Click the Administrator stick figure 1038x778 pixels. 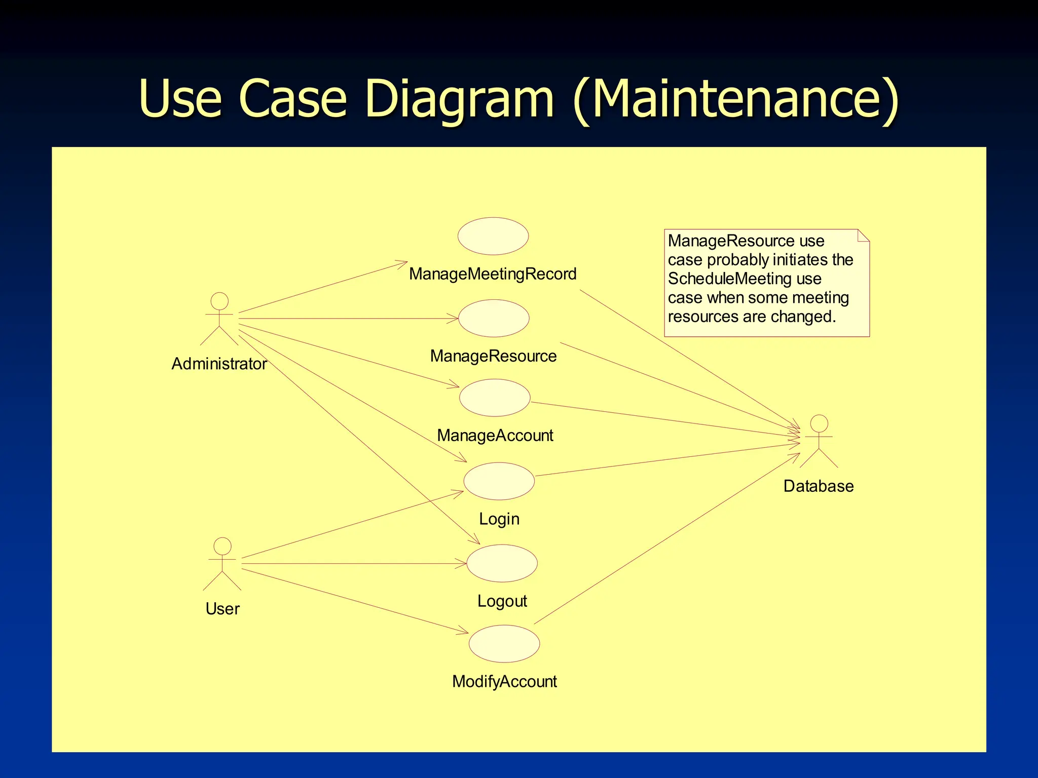tap(219, 319)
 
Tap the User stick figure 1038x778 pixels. tap(222, 564)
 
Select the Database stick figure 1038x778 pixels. tap(819, 441)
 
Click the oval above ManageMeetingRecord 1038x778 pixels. tap(493, 236)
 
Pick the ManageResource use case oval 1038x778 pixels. tap(494, 318)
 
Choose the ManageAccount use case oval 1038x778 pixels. tap(495, 398)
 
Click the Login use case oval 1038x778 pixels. tap(499, 481)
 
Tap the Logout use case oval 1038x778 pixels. tap(502, 563)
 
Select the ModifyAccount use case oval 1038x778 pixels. tap(504, 644)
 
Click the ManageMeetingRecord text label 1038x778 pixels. tap(493, 274)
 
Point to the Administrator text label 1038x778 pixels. tap(219, 364)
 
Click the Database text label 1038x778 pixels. tap(819, 486)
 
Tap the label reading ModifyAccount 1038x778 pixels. tap(504, 682)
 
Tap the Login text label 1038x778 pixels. tap(499, 519)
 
